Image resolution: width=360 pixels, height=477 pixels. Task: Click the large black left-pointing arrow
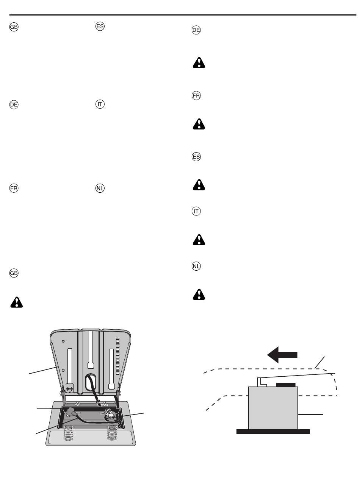click(282, 355)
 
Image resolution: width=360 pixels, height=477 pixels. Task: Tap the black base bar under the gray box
click(273, 431)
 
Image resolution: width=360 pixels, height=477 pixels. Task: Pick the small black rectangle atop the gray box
click(286, 384)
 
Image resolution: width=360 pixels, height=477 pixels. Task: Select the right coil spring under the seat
click(113, 433)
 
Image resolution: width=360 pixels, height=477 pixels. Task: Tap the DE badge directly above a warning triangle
click(196, 31)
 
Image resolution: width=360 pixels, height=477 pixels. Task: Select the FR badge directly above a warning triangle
click(196, 96)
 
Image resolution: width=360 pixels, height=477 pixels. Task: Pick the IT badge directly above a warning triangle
click(196, 212)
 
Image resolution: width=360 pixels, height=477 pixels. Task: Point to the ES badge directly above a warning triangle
click(196, 157)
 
